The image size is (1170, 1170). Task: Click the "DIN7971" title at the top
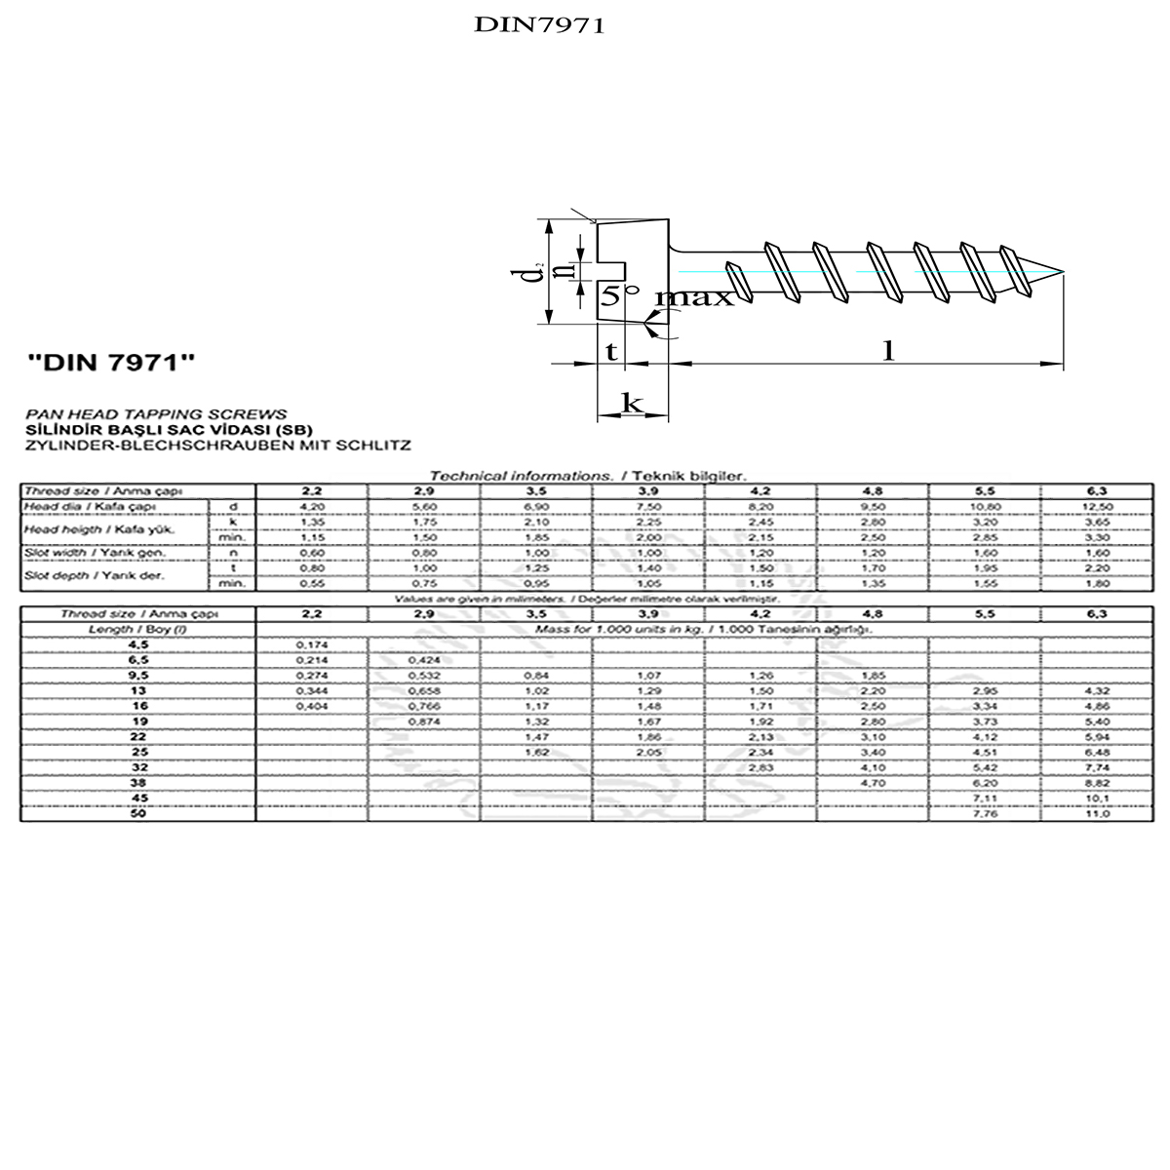(539, 25)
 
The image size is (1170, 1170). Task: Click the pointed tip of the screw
(1061, 271)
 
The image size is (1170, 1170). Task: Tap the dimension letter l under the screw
(888, 350)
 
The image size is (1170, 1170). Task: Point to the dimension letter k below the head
(632, 402)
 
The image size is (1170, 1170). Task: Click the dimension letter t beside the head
(611, 351)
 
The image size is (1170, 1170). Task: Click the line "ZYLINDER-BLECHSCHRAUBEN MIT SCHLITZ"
(216, 445)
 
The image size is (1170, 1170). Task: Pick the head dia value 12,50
(1098, 507)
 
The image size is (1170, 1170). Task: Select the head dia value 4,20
(312, 507)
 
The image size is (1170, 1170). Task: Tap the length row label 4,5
(137, 645)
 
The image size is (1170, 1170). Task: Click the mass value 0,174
(312, 645)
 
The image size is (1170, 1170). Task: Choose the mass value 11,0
(1098, 813)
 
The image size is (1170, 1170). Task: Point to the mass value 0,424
(425, 659)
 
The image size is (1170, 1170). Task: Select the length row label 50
(137, 813)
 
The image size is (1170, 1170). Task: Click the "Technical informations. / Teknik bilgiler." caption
(588, 476)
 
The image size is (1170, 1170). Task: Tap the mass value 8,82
(1098, 782)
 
